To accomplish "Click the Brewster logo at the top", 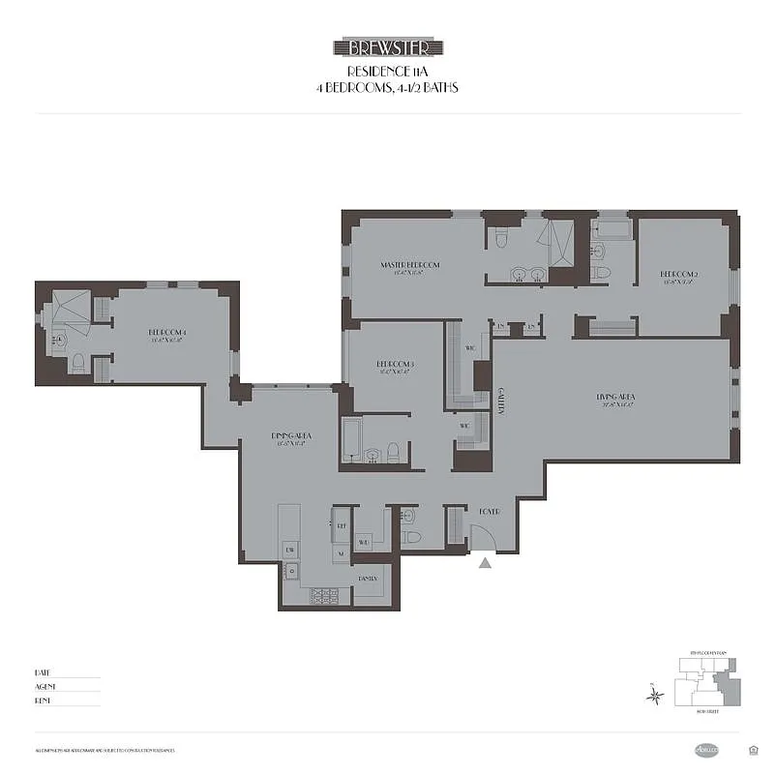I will point(388,47).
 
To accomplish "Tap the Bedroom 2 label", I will point(678,275).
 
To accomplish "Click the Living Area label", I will point(614,398).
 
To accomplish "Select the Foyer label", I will point(489,511).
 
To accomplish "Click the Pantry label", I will point(368,578).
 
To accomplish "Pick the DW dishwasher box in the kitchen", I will point(289,550).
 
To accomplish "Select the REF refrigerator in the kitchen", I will point(341,527).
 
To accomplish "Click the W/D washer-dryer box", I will point(364,543).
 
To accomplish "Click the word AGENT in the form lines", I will point(44,686).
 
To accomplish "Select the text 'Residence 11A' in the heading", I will point(388,72).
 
